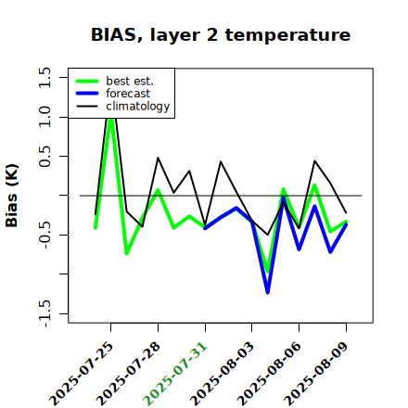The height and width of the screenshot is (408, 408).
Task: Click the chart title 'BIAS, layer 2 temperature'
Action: point(221,35)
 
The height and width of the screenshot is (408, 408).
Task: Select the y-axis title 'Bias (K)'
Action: point(12,196)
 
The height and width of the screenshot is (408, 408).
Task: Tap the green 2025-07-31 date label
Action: point(175,374)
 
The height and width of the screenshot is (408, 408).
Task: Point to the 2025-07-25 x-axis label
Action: point(81,374)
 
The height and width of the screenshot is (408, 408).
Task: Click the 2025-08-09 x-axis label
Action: point(316,374)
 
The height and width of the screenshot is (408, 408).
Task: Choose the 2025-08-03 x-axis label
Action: point(222,374)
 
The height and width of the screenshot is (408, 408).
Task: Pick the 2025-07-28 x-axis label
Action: point(128,374)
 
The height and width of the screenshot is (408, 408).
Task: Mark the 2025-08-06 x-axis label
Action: point(269,374)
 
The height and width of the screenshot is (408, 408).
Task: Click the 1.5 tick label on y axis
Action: point(45,77)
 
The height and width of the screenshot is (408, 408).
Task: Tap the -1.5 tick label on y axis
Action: point(45,313)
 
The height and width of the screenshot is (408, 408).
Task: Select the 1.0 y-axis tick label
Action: point(45,117)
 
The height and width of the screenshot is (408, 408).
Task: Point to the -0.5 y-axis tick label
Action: point(45,235)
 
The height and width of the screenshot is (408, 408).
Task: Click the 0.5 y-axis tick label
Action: point(45,156)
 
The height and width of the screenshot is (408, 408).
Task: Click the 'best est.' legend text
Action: point(130,81)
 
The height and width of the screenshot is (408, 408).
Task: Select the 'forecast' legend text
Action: point(128,94)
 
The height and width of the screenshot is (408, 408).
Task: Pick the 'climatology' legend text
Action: point(138,107)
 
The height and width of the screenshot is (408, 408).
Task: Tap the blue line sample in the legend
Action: point(87,94)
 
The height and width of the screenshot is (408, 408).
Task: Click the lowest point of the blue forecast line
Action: point(268,292)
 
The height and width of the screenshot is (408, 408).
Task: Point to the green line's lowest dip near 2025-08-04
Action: point(268,272)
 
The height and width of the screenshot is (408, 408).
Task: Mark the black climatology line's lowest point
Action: point(268,235)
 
